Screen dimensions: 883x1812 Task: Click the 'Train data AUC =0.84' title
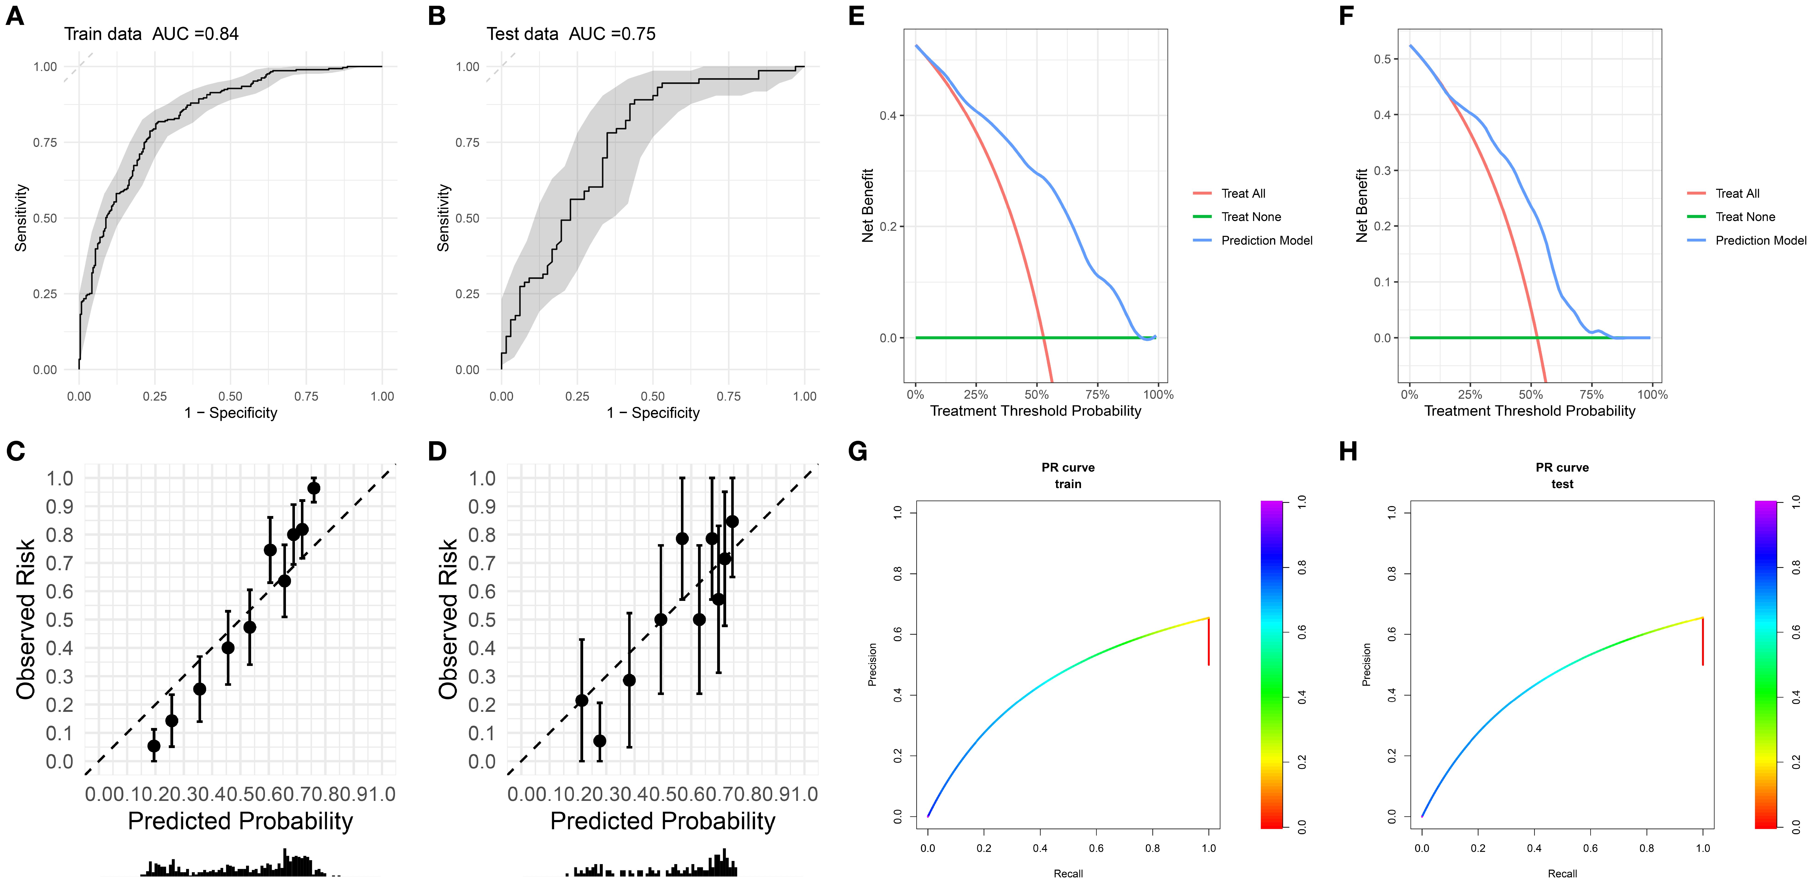151,34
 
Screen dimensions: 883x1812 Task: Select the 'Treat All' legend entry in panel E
1243,194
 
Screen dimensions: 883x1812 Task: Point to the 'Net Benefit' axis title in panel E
867,206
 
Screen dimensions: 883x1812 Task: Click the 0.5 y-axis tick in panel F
1382,59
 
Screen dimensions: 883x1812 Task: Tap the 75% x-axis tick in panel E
1097,395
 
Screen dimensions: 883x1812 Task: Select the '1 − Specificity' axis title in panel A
231,413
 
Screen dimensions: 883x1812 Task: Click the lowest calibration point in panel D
599,741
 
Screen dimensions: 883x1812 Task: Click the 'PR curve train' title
1068,476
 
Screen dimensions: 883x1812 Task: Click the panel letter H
1348,451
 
